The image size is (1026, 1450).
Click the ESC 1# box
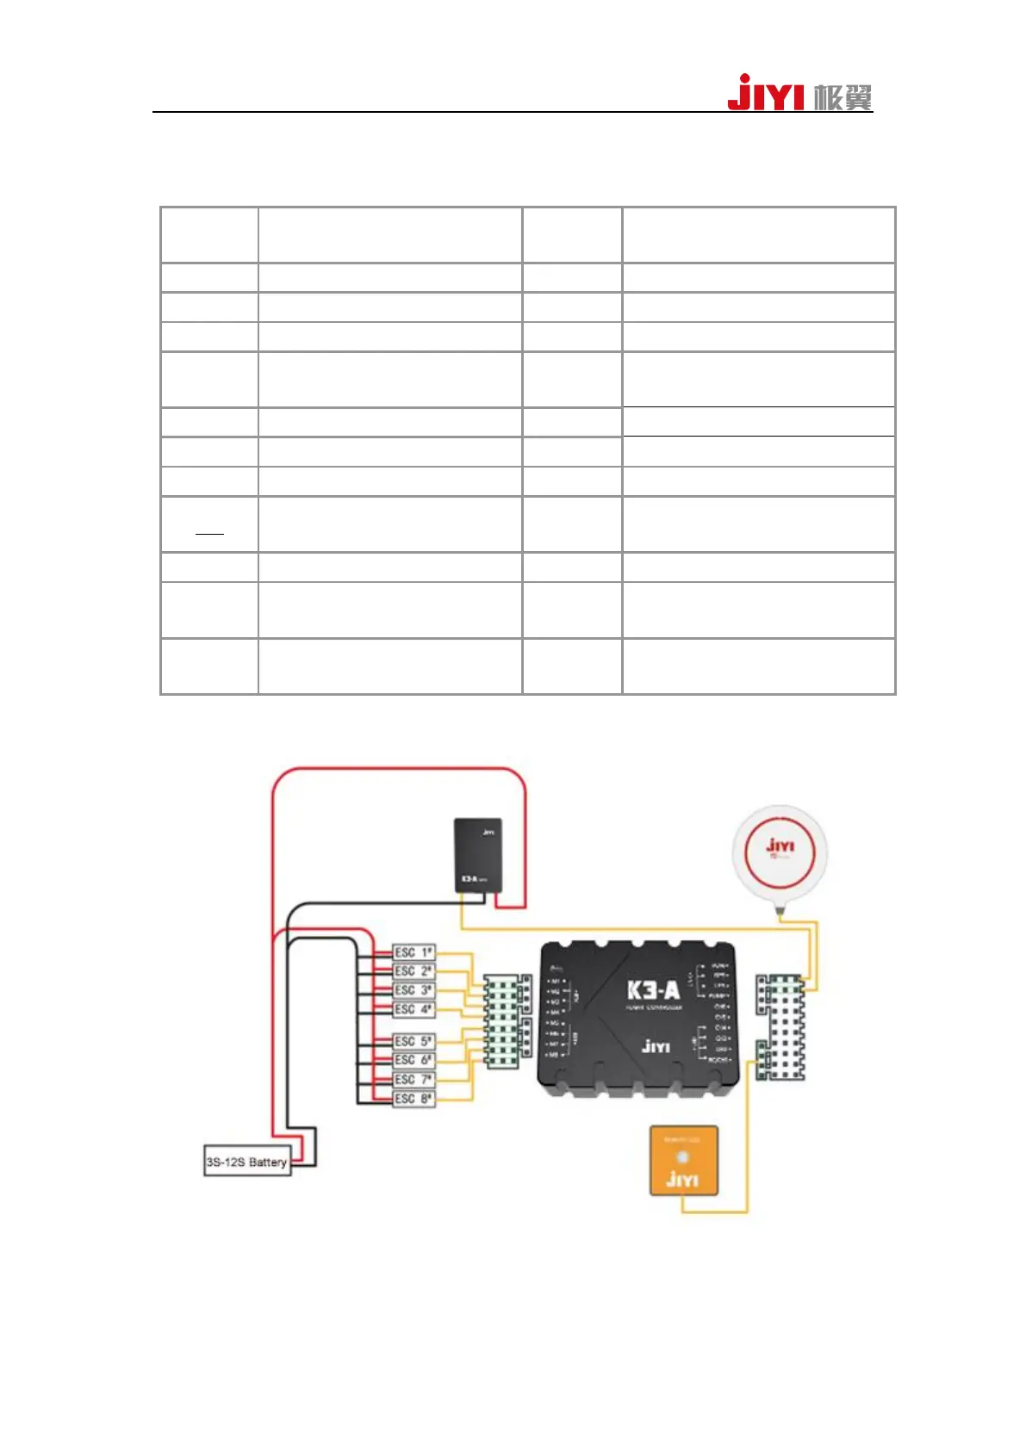click(x=414, y=952)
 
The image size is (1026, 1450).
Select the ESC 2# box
click(x=414, y=971)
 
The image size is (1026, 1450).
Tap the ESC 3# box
click(x=414, y=990)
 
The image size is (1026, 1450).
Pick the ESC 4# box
click(x=414, y=1009)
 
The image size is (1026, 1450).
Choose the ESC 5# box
click(x=414, y=1042)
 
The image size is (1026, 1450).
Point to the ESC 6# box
click(x=414, y=1061)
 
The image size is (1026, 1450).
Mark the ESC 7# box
click(x=414, y=1080)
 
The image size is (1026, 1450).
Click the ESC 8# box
click(x=414, y=1099)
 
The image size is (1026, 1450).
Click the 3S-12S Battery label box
click(x=246, y=1162)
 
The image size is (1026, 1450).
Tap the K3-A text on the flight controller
click(x=653, y=990)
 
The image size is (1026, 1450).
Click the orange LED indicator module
click(x=683, y=1160)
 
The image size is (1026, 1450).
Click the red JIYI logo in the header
click(x=765, y=93)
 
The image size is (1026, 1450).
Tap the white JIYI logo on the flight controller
click(x=656, y=1046)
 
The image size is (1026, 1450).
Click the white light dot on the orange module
click(x=683, y=1157)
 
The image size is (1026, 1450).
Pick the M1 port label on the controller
click(x=555, y=982)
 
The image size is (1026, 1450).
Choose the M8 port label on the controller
click(x=554, y=1055)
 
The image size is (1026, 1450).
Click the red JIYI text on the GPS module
click(x=780, y=846)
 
